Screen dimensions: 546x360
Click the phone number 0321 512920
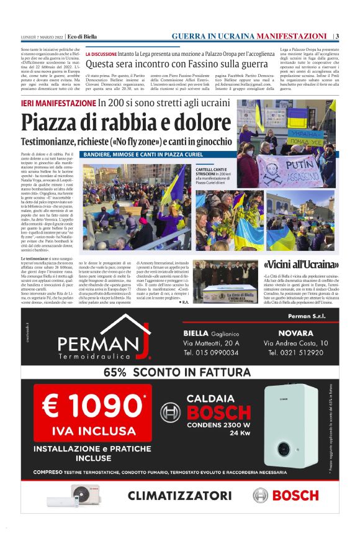coord(295,353)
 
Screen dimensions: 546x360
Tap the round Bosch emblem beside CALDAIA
coord(170,413)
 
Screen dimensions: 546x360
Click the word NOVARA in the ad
coord(279,333)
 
